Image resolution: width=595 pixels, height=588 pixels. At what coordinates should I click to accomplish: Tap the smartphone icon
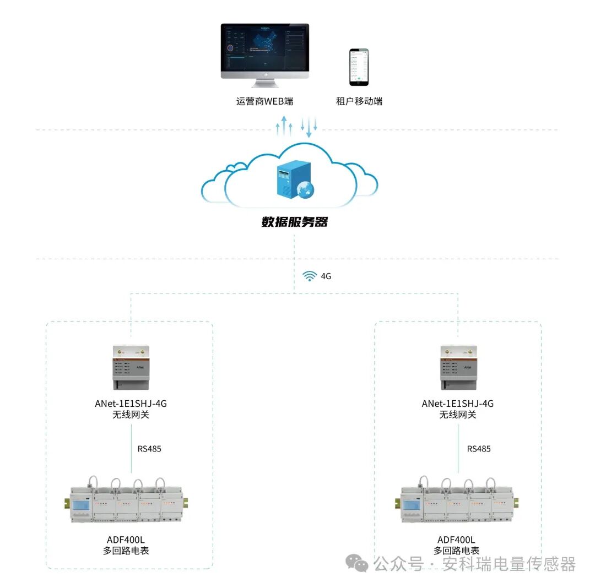pos(359,67)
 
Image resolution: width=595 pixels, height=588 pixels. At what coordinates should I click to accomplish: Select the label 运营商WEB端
pos(264,101)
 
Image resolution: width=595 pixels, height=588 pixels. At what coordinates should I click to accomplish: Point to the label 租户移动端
pos(359,101)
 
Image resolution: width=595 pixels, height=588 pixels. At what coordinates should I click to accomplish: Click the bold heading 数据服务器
pos(294,222)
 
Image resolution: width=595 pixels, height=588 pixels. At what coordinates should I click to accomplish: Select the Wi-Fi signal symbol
pos(310,276)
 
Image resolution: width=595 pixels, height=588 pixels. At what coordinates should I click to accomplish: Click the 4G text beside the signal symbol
pos(326,276)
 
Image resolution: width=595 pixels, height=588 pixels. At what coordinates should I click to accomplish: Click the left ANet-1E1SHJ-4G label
pos(131,404)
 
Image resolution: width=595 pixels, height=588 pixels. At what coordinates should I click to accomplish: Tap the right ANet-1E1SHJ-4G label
pos(458,404)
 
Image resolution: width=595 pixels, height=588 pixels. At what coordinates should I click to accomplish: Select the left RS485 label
pos(149,449)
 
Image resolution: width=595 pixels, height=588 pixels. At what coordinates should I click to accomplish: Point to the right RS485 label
pos(479,449)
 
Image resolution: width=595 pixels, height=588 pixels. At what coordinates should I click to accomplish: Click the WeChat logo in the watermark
pos(357,563)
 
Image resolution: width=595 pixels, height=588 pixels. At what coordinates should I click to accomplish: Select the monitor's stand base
pos(265,84)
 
